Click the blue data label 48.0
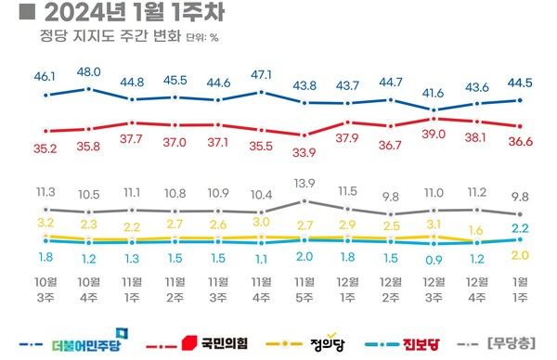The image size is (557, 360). point(89,71)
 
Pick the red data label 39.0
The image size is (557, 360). point(434,134)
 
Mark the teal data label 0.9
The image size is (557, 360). point(434,259)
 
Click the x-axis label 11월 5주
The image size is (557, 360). point(305,289)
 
